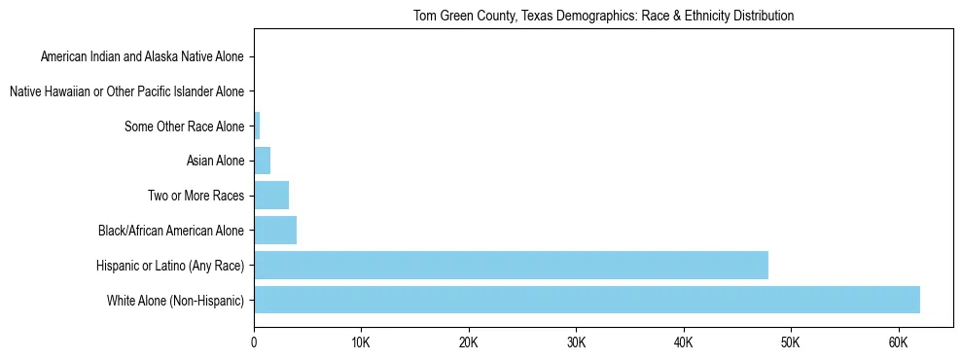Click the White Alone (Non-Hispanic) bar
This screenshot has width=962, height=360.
(x=587, y=300)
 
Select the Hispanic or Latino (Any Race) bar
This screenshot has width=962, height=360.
(x=511, y=265)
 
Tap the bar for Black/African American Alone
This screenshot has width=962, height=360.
(x=275, y=231)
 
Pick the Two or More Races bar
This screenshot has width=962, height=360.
(x=271, y=196)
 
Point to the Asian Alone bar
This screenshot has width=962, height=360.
(x=263, y=161)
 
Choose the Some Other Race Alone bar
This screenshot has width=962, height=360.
(x=257, y=126)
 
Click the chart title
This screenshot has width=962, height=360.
(x=603, y=16)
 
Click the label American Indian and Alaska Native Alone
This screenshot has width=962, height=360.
(x=143, y=56)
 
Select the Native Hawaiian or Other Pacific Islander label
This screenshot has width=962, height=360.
(x=126, y=91)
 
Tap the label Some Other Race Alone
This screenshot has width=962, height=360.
(x=185, y=126)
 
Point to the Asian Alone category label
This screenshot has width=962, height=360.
(x=215, y=161)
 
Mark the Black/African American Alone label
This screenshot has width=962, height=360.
(x=171, y=231)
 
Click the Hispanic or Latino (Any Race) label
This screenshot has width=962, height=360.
(x=170, y=265)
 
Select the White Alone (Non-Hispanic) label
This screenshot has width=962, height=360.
(x=176, y=300)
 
